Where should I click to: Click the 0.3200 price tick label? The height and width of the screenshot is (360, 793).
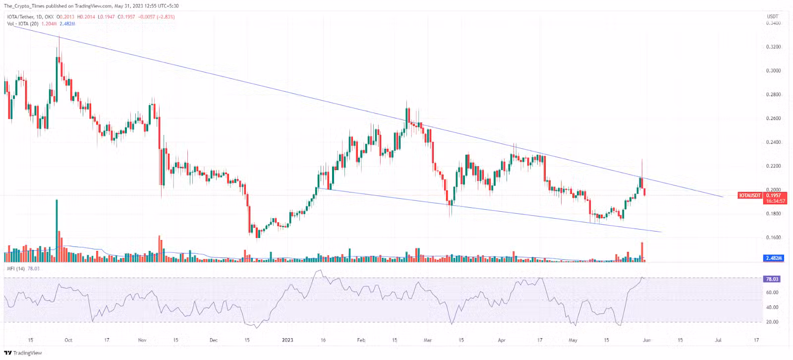[773, 47]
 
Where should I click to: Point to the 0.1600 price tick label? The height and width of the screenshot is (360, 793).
[773, 238]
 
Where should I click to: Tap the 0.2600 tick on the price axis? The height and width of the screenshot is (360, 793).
[773, 119]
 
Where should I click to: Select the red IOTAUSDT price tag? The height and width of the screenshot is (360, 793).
[750, 196]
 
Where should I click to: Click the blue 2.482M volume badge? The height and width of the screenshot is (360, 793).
[774, 258]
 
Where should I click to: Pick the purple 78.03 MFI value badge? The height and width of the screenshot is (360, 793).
[772, 279]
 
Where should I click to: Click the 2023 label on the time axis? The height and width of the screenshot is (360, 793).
[287, 340]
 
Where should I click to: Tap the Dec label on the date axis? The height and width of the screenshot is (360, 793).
[214, 340]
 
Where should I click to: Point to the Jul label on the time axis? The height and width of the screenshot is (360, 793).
[718, 340]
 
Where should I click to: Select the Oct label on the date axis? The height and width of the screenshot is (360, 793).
[68, 340]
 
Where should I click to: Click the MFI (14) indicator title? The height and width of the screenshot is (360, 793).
[16, 269]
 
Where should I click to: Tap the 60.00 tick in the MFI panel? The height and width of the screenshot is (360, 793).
[772, 293]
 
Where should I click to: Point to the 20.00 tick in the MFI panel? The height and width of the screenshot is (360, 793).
[772, 322]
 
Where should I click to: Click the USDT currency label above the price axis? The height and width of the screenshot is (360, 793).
[773, 17]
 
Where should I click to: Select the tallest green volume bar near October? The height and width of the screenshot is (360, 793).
[57, 231]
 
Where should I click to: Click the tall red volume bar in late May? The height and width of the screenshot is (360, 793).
[642, 251]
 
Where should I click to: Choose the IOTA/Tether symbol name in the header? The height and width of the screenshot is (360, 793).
[20, 17]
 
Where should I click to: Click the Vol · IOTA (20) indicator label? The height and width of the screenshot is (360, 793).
[23, 24]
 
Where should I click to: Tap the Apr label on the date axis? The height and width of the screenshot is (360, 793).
[502, 340]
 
